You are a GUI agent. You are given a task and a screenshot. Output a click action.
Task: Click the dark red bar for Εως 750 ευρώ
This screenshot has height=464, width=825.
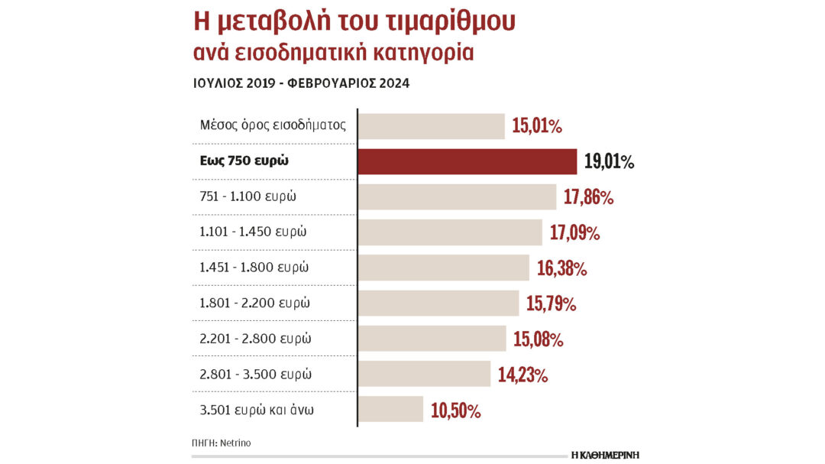[x=467, y=161]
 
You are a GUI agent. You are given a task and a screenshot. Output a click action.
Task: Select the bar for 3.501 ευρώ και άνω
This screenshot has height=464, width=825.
[x=391, y=409]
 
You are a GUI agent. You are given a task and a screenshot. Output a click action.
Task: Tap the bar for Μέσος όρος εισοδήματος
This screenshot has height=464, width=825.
[x=432, y=126]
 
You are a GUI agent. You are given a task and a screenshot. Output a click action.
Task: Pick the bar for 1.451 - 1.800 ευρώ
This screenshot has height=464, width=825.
[x=444, y=268]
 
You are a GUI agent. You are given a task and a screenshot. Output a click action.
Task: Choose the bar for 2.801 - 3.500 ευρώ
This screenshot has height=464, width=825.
[x=425, y=374]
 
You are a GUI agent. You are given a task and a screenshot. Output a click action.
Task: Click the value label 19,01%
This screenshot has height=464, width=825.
[x=609, y=161]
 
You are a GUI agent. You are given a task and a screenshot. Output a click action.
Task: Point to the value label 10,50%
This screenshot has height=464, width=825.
[x=456, y=410]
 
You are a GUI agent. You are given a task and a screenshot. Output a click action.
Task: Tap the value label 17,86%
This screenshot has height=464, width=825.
[x=588, y=197]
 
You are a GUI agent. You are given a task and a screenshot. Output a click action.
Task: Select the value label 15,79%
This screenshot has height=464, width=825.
[x=551, y=303]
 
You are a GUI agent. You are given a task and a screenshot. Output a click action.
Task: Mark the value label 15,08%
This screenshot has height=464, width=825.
[x=538, y=339]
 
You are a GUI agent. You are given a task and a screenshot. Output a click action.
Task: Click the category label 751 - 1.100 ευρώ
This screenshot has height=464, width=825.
[x=248, y=196]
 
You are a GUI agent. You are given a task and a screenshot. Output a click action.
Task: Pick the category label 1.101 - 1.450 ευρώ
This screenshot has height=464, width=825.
[x=253, y=232]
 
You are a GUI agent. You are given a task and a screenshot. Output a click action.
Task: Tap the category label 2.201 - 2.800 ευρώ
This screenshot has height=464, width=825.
[x=255, y=338]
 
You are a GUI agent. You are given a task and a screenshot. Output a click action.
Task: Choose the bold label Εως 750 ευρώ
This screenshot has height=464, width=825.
[x=245, y=161]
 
